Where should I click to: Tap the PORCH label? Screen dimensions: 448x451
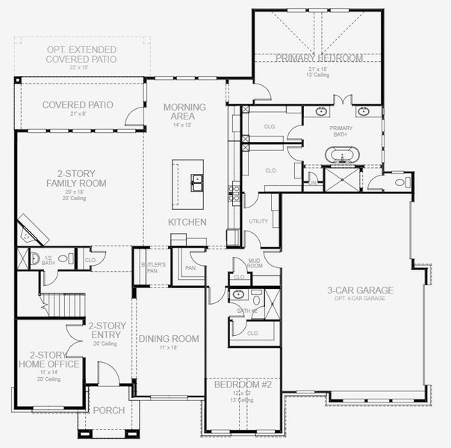tap(109, 410)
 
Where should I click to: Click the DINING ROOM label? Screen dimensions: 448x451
tap(169, 339)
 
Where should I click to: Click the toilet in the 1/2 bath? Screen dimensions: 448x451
tap(35, 259)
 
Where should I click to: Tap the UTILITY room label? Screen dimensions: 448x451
tap(258, 222)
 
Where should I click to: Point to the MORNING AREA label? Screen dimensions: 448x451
tap(179, 111)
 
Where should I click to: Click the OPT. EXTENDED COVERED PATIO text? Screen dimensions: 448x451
tap(78, 54)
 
